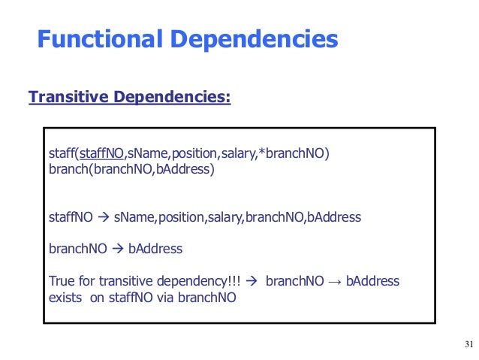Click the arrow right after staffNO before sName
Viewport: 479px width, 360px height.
[x=102, y=218]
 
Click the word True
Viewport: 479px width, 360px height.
[x=62, y=282]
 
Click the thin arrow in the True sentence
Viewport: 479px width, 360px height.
[x=333, y=282]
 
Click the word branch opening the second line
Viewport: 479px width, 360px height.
[x=68, y=170]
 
